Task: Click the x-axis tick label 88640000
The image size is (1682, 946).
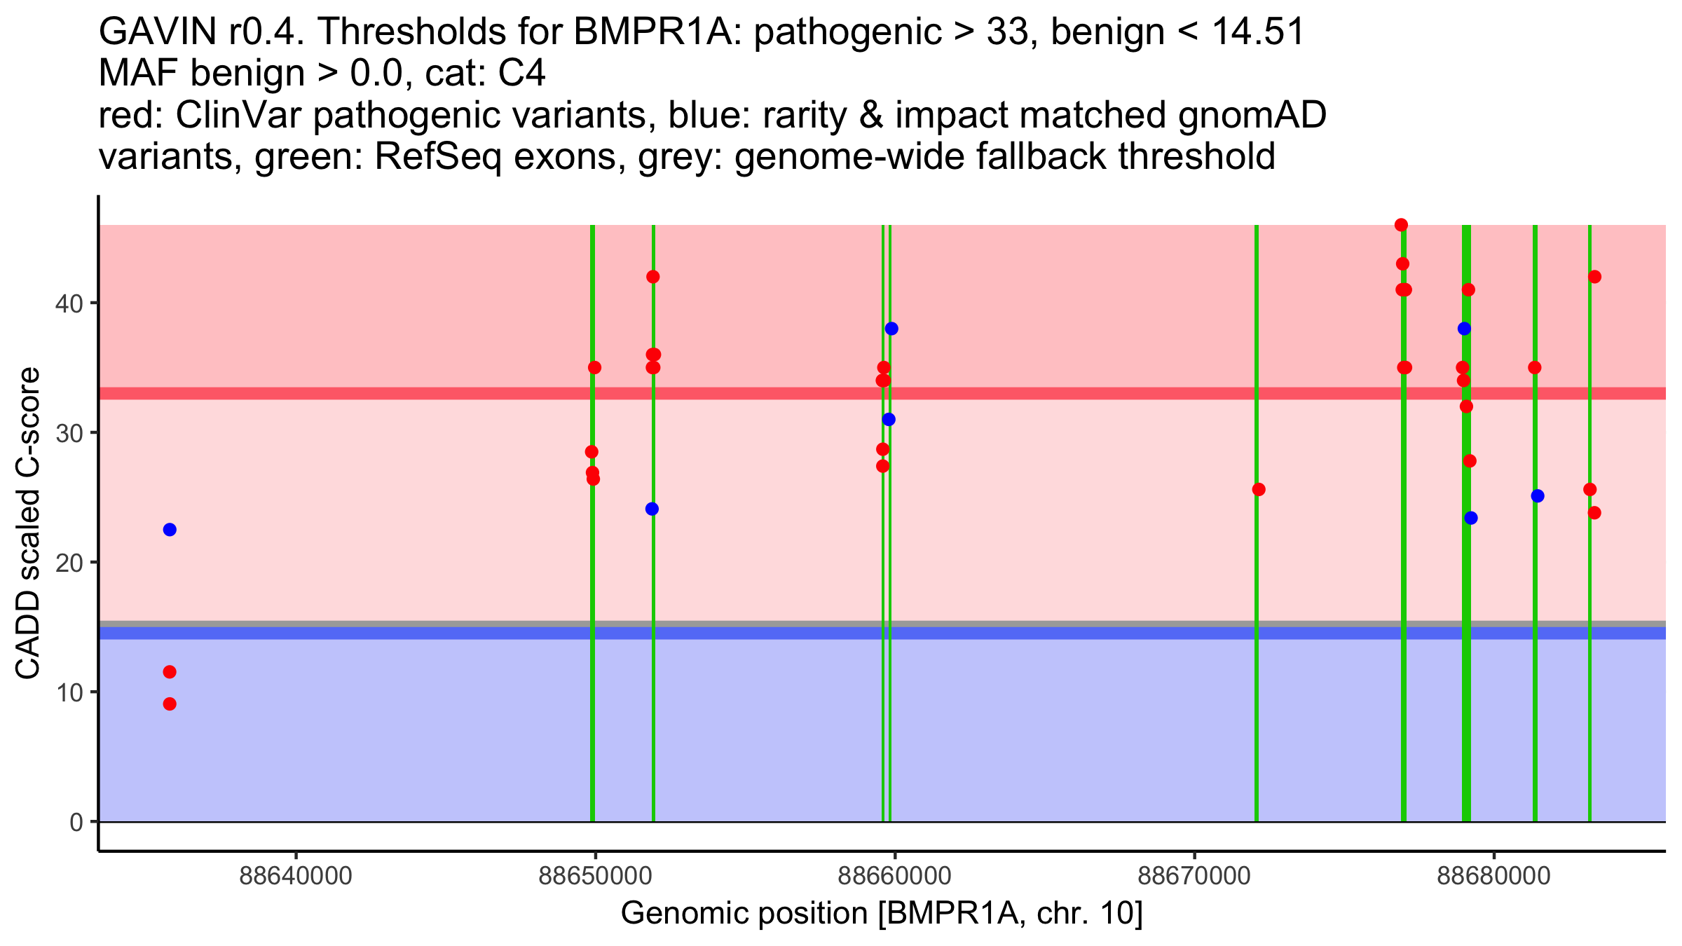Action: [x=295, y=877]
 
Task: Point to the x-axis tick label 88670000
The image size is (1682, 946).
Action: [x=1194, y=877]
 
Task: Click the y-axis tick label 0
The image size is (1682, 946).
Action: [x=76, y=822]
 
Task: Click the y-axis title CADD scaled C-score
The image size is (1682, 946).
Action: [x=28, y=523]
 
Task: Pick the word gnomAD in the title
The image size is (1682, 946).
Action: [x=1252, y=116]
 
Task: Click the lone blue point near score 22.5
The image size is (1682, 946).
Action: [x=170, y=530]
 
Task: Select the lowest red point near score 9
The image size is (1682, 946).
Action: [x=170, y=704]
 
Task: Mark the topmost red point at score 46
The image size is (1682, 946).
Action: [x=1402, y=225]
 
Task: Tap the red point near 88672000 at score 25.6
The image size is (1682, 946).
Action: [x=1259, y=490]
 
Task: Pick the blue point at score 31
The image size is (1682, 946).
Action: [x=889, y=420]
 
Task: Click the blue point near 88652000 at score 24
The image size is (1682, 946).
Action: [x=652, y=509]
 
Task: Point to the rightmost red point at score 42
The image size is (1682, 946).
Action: [x=1594, y=277]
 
